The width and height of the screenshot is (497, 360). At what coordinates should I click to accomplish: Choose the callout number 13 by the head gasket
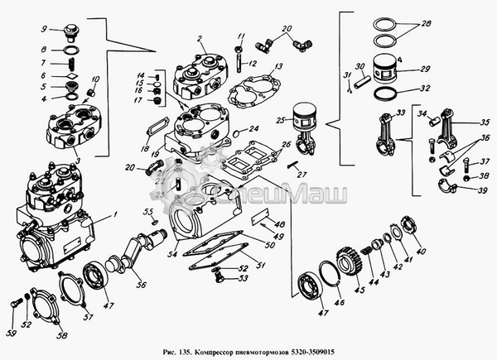(281, 65)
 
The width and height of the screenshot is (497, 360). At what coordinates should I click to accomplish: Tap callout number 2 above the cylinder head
(200, 39)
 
